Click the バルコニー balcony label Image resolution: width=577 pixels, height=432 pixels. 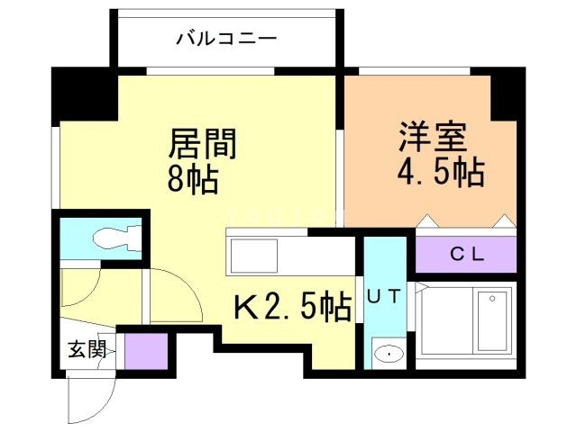(226, 38)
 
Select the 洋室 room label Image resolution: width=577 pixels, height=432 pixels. (433, 138)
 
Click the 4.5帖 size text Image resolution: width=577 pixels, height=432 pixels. (440, 171)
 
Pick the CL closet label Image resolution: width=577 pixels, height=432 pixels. (467, 256)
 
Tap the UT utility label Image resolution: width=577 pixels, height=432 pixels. (384, 293)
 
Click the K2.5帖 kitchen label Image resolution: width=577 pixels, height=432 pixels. (293, 309)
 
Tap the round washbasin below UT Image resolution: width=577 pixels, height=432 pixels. (388, 354)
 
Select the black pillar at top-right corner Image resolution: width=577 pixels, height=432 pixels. (504, 95)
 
